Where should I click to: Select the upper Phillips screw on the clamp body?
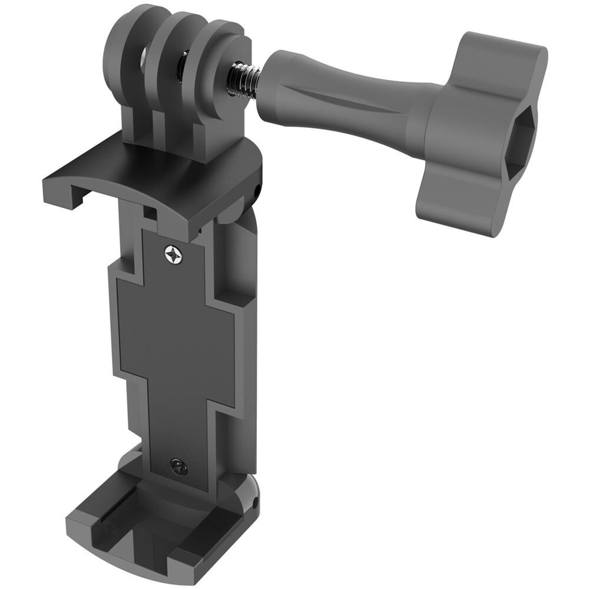(174, 254)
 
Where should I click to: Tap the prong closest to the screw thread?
(221, 65)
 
